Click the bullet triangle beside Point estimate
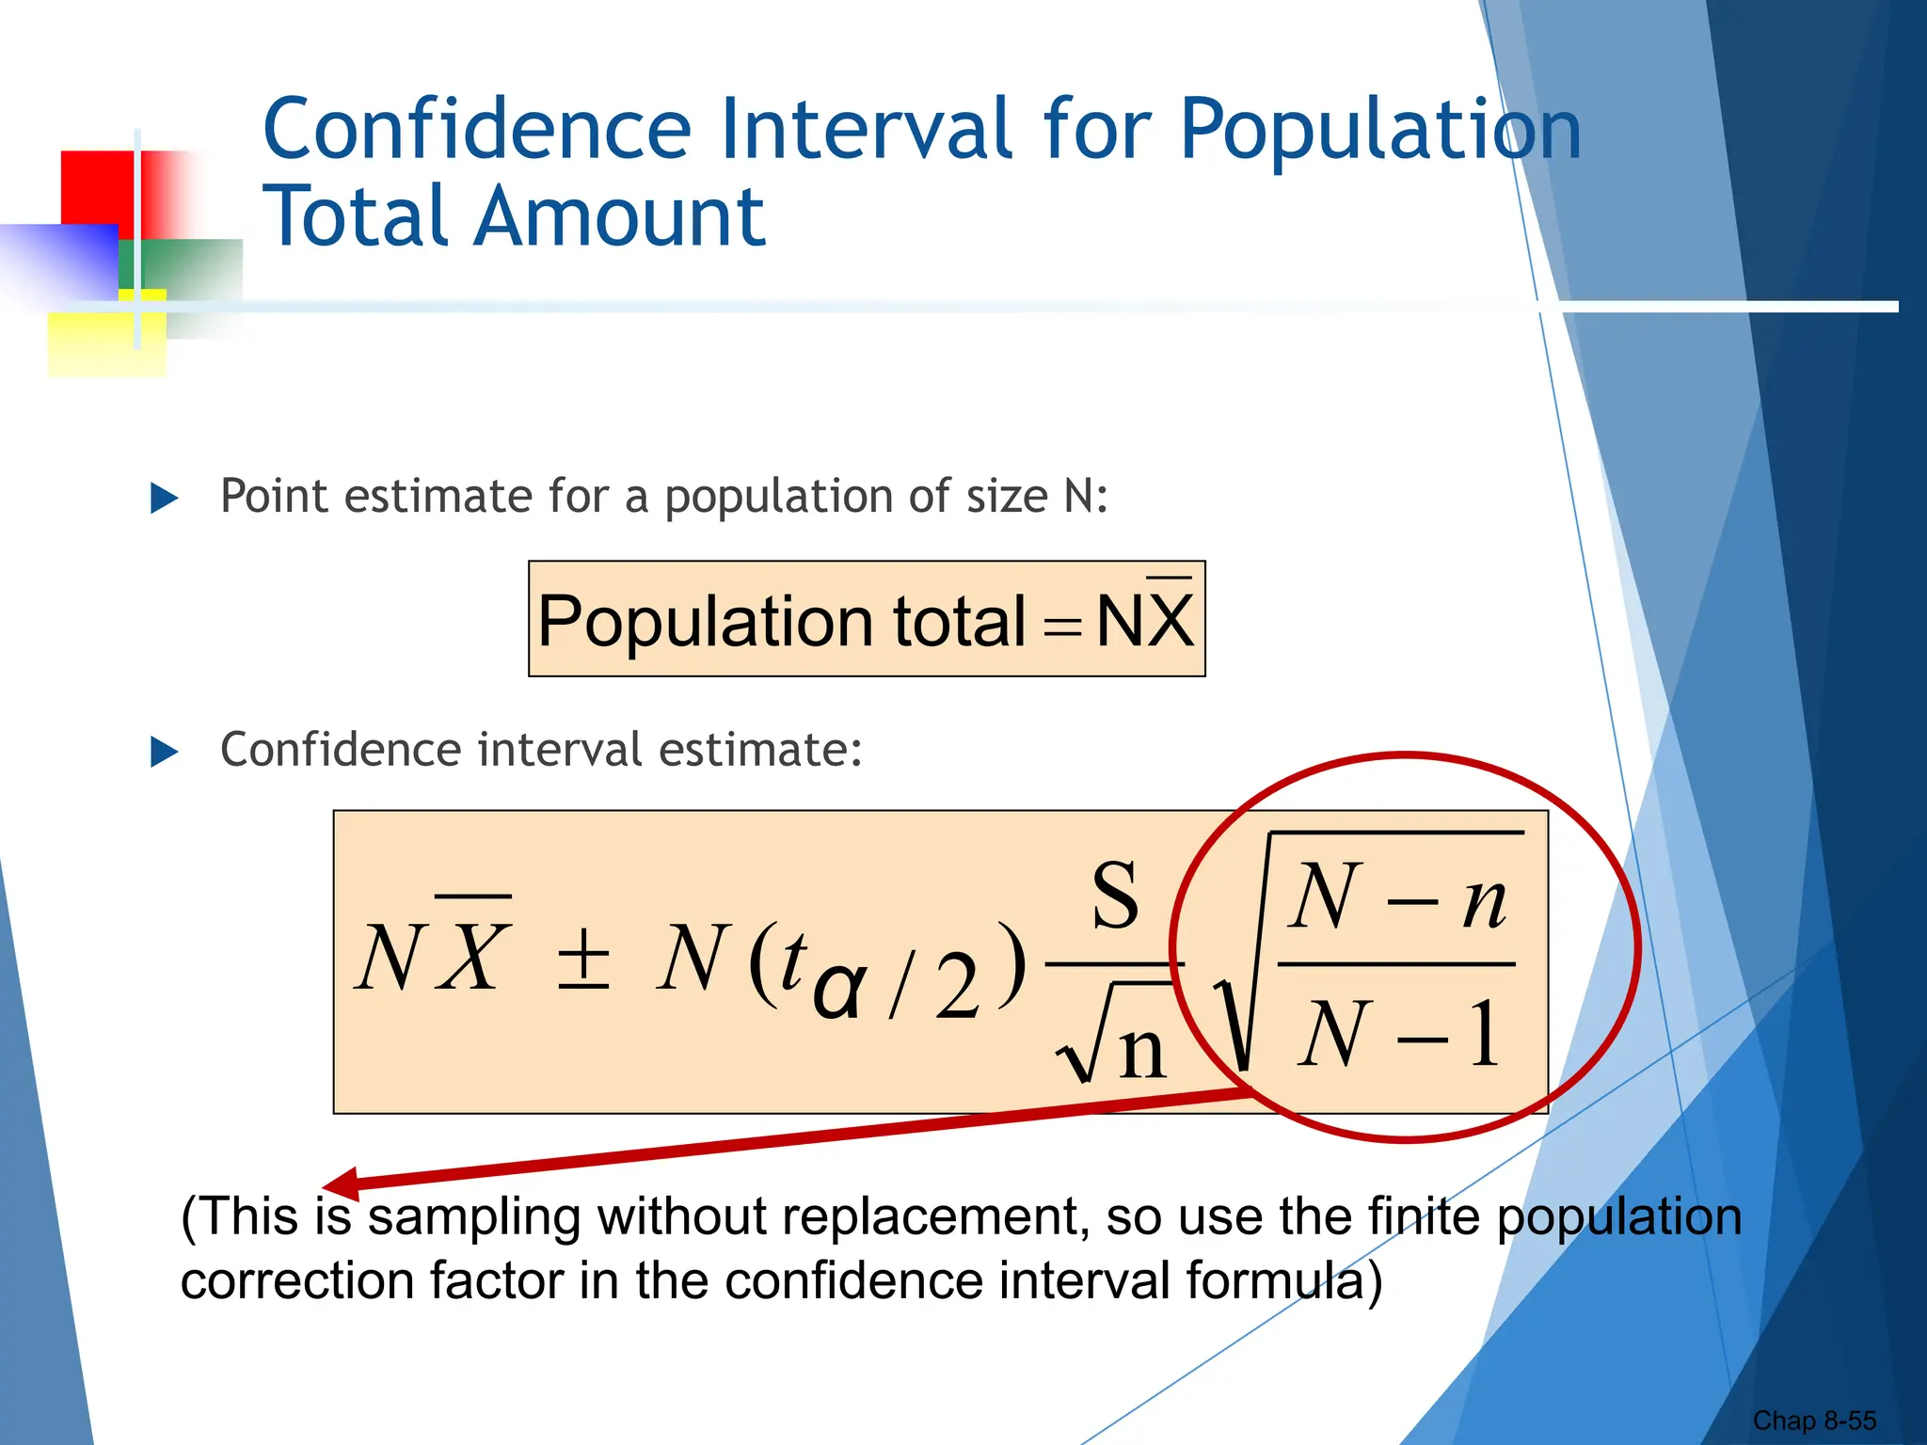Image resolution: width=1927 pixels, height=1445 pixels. [164, 498]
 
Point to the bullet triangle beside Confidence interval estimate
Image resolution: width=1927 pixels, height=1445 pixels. [164, 752]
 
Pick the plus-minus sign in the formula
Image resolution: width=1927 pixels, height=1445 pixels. [583, 960]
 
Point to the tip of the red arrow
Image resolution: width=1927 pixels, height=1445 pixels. [326, 1185]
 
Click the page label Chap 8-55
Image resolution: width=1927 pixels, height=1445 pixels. [1813, 1421]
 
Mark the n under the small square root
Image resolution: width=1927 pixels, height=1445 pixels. [1142, 1050]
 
